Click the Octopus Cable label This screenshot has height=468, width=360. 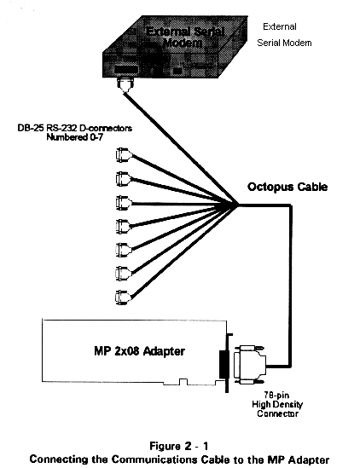[x=287, y=188]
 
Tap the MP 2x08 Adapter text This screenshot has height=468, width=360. [x=140, y=351]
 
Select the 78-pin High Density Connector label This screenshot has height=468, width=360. [x=277, y=404]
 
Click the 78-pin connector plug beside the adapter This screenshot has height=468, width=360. [x=250, y=365]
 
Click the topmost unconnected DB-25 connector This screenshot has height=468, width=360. [x=124, y=155]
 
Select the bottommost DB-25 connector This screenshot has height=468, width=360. [x=123, y=298]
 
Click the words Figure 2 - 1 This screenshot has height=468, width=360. [x=178, y=446]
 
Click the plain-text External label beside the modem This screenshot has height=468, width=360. [x=280, y=26]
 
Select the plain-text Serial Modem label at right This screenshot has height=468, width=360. [x=284, y=43]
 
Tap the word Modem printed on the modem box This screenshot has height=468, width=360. [x=183, y=43]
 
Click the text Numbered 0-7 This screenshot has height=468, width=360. [x=75, y=137]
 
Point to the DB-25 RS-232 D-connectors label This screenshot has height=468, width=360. [x=75, y=129]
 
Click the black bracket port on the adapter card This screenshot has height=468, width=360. [x=224, y=365]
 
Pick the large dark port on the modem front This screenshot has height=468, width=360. [x=126, y=70]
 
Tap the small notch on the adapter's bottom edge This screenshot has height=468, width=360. [x=183, y=382]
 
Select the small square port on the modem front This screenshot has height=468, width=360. [x=177, y=71]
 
